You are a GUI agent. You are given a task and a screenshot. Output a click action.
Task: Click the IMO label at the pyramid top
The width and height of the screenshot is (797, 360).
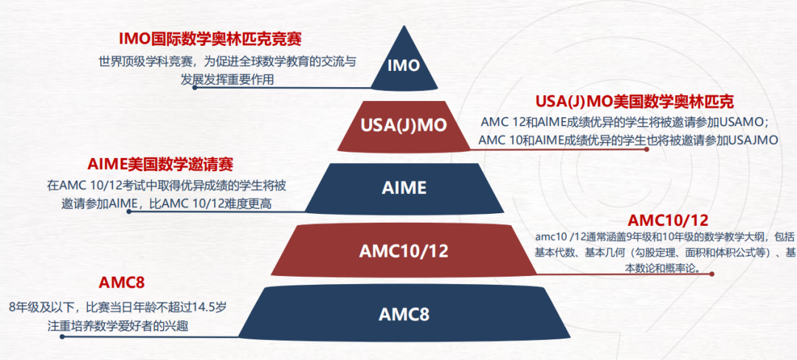point(404,65)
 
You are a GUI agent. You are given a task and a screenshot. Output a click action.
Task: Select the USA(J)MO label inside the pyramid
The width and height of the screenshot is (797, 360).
point(404,125)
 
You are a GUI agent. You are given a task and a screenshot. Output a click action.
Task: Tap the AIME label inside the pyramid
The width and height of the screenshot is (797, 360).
point(404,187)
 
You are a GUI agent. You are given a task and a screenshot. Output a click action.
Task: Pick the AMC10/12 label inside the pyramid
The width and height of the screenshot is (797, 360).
point(404,251)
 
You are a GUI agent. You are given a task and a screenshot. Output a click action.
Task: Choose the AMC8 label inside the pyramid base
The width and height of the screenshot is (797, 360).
point(404,314)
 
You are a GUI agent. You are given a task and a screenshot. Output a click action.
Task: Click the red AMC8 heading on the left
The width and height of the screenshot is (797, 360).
point(122,283)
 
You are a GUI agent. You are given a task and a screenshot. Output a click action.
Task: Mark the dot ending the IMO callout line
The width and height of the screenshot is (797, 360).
point(195,87)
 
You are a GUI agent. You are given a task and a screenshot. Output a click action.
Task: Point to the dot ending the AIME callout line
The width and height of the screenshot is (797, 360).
point(129,212)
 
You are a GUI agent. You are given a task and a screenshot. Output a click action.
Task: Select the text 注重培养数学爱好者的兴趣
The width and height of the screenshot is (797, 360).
point(98,325)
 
